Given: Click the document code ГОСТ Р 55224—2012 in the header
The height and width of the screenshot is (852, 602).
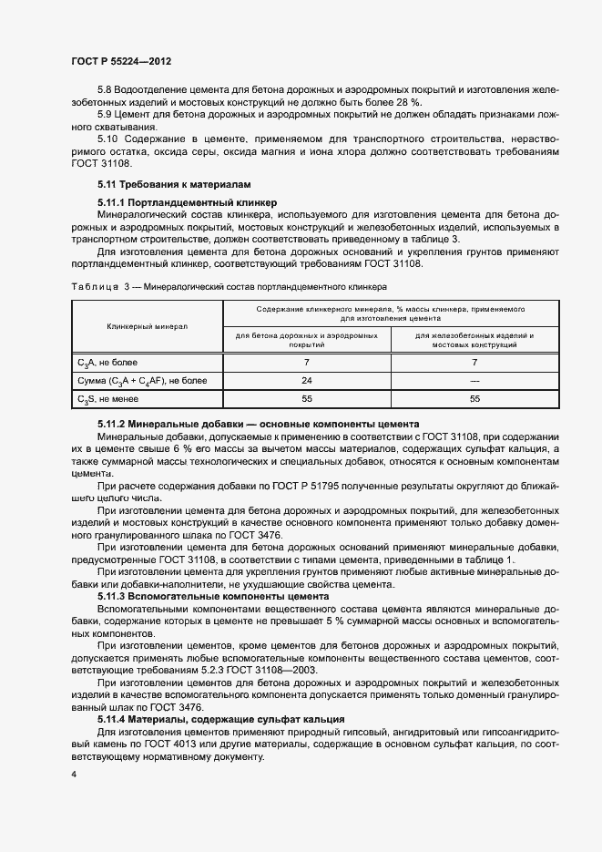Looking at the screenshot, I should [121, 61].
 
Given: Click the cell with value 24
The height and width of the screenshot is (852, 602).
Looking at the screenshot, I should [306, 381].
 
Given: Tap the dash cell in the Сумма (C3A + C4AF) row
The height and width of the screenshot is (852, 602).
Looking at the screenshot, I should [474, 381].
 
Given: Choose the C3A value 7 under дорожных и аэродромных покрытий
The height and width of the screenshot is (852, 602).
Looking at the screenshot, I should [306, 363].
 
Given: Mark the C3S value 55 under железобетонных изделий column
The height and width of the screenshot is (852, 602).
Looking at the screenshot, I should [474, 399].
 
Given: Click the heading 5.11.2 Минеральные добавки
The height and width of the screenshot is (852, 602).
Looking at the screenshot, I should [258, 425].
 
